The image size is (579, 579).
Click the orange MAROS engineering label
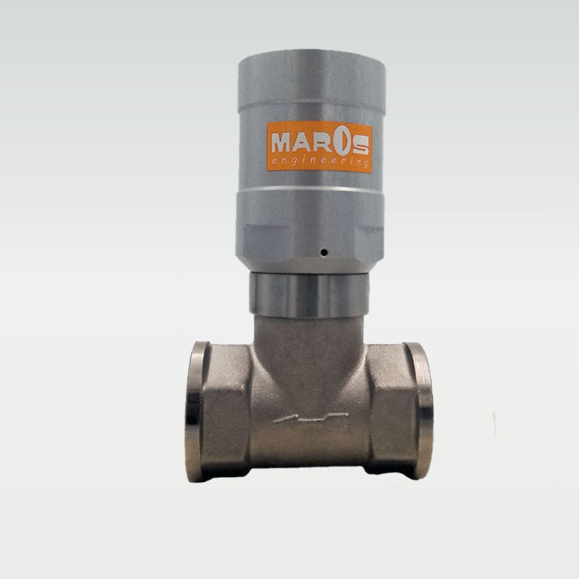tap(319, 147)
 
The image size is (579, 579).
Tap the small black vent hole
tap(324, 252)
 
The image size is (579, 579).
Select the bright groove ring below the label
tap(311, 190)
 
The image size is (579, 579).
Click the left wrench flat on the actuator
tap(258, 239)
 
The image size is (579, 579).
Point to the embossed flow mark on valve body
tap(311, 418)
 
